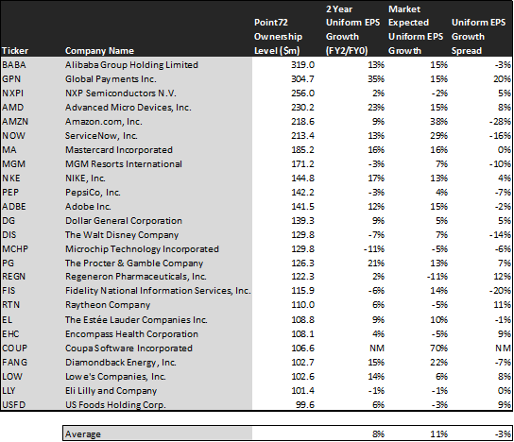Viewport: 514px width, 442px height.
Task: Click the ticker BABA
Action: [14, 65]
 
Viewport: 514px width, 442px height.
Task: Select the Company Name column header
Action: [99, 51]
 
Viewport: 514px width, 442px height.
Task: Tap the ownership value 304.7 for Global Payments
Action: [302, 79]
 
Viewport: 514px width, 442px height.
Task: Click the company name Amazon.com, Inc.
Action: [104, 122]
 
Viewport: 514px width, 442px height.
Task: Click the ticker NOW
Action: [13, 136]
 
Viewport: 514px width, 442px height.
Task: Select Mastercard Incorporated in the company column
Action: [119, 150]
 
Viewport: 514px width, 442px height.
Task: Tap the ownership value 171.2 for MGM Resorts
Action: [302, 163]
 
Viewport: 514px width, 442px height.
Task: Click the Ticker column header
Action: [15, 51]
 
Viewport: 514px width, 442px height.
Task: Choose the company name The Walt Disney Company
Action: [122, 235]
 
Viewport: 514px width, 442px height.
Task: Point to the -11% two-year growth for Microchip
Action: [374, 249]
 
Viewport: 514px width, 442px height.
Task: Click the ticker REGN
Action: [13, 277]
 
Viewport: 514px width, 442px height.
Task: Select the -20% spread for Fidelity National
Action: [500, 291]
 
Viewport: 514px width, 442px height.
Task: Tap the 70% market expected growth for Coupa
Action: [438, 348]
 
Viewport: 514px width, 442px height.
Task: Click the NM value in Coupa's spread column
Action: [503, 348]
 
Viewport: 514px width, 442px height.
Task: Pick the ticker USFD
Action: [13, 404]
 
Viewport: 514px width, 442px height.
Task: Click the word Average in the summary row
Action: [83, 434]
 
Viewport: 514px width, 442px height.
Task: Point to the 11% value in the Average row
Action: [438, 434]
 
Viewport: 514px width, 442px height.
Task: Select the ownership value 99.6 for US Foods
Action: [305, 404]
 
